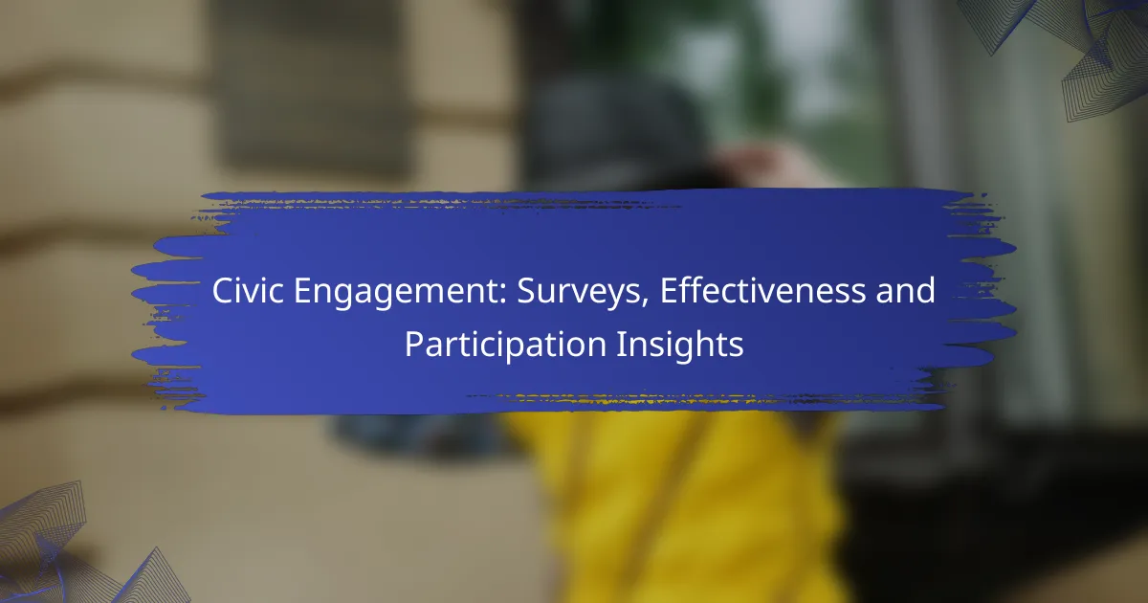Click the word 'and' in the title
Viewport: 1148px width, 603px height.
click(906, 290)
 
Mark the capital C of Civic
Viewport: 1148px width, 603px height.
click(223, 291)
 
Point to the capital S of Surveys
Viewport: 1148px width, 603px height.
click(526, 291)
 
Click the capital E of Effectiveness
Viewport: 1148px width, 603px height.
click(669, 291)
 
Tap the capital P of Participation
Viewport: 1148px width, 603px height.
click(414, 344)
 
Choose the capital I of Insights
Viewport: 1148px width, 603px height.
click(620, 344)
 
